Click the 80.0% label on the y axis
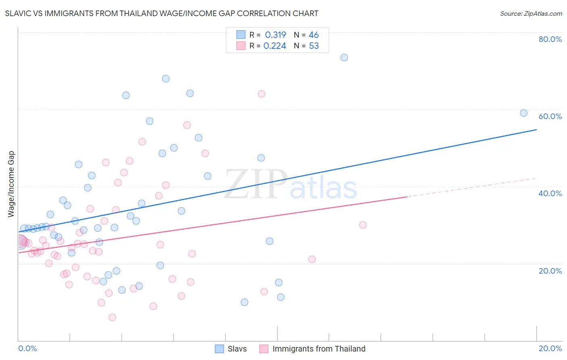point(550,39)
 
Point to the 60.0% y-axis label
point(550,116)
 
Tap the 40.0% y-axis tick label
point(550,193)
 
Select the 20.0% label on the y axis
point(550,271)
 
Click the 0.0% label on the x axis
point(27,348)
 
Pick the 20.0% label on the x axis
point(550,348)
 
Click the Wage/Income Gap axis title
point(11,184)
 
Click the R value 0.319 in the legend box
point(275,35)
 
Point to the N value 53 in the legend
point(314,46)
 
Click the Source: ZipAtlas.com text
point(531,13)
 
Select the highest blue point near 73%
point(344,57)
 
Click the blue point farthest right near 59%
point(523,113)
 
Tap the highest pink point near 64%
point(261,94)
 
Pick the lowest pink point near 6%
point(112,317)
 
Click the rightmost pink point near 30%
point(363,225)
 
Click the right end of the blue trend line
point(536,130)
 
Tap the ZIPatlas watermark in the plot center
point(290,184)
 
